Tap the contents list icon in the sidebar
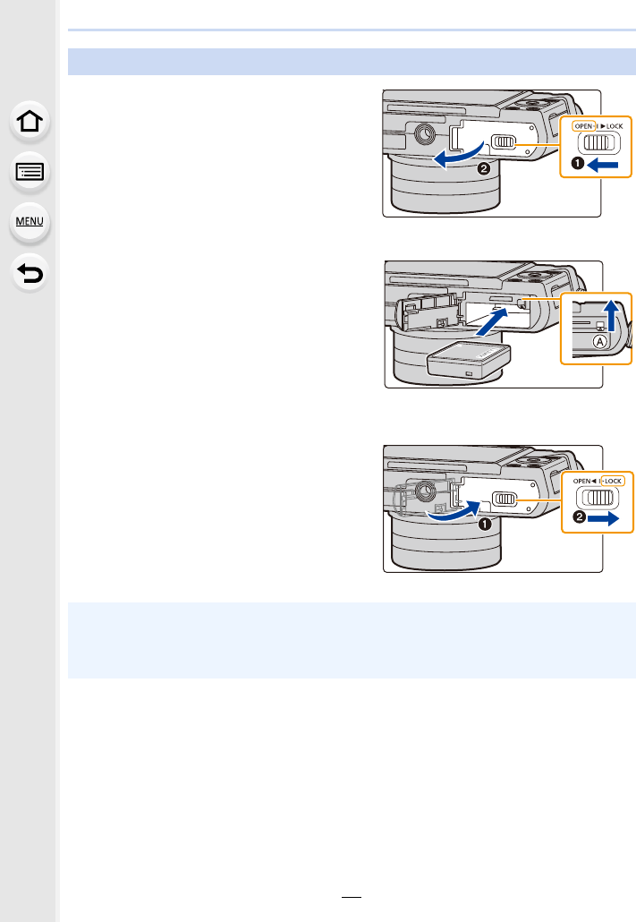[30, 172]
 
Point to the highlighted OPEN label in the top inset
[584, 126]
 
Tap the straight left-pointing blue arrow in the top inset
[605, 165]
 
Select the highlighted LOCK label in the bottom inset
[614, 481]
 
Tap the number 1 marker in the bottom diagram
[485, 523]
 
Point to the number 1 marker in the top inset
[578, 165]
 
